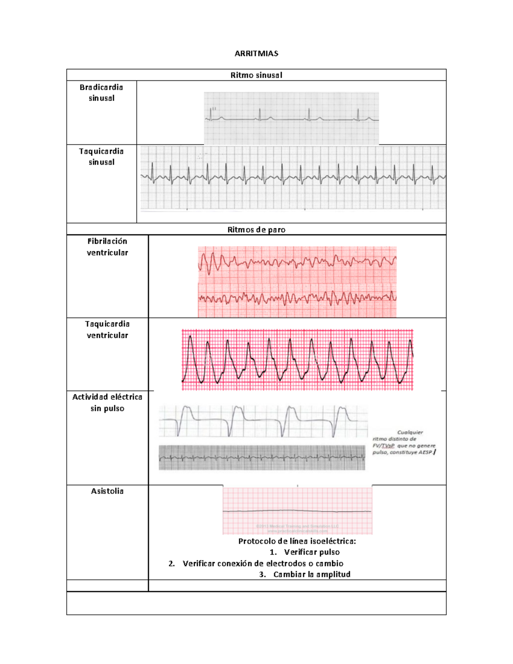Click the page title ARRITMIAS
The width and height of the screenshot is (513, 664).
coord(256,53)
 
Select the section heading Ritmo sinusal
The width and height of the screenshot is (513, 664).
coord(256,75)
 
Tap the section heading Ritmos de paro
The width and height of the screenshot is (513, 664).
coord(256,230)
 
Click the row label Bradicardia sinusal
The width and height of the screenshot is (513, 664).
coord(101,92)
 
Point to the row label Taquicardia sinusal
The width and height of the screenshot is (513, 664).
coord(101,156)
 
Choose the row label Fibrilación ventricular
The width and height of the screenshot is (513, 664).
coord(107,247)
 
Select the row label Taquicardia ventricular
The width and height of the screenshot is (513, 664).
coord(107,330)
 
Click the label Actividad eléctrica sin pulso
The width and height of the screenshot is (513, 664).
coord(107,402)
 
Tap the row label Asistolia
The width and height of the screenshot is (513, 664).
coord(107,491)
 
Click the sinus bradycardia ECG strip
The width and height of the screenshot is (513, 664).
coord(291,118)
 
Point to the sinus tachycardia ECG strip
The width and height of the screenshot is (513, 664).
coord(293,178)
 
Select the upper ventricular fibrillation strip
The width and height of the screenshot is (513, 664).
coord(297,263)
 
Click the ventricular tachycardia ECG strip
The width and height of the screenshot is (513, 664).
coord(298,360)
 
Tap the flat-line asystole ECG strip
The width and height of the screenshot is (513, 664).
coord(297,511)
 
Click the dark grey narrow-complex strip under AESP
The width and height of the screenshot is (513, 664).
coord(262,457)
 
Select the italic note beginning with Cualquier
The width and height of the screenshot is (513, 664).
coord(404,443)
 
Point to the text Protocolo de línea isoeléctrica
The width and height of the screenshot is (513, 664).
coord(297,541)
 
